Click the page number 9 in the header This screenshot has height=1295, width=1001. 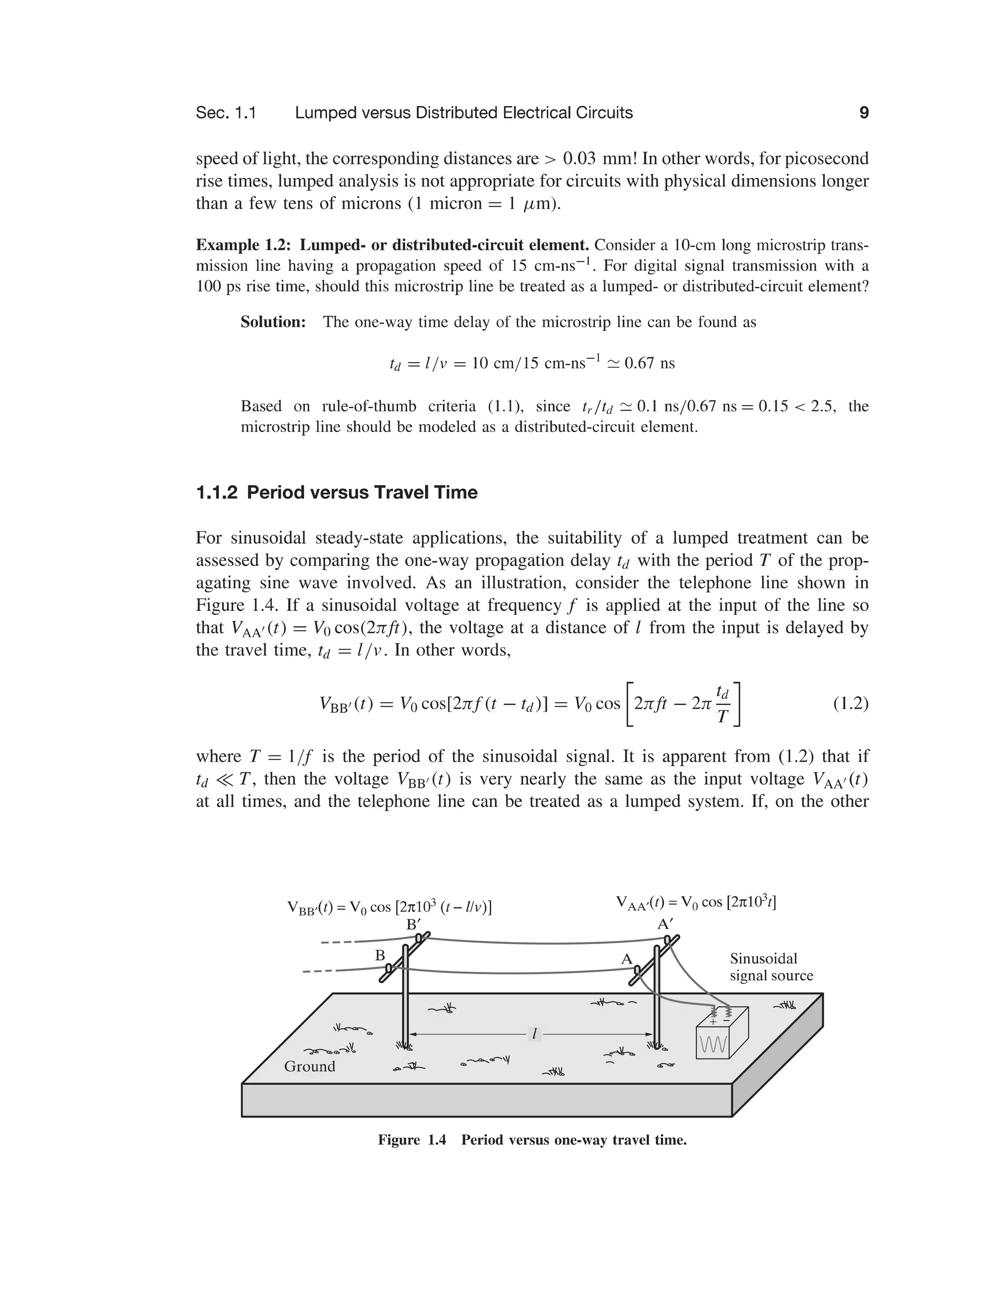tap(864, 113)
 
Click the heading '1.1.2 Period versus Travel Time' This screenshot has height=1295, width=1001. tap(336, 492)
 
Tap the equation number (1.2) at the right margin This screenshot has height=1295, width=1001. tap(850, 703)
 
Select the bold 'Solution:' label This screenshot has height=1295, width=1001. tap(273, 322)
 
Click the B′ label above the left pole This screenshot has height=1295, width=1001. tap(413, 925)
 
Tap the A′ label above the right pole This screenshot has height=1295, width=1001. tap(665, 924)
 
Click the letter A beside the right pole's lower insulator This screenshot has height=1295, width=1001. tap(626, 959)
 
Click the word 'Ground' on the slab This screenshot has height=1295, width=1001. tap(309, 1066)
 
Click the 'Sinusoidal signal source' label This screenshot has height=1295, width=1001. tap(771, 967)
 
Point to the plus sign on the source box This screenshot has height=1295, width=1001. tap(713, 1022)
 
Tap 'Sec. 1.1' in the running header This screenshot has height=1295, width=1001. tap(226, 113)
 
